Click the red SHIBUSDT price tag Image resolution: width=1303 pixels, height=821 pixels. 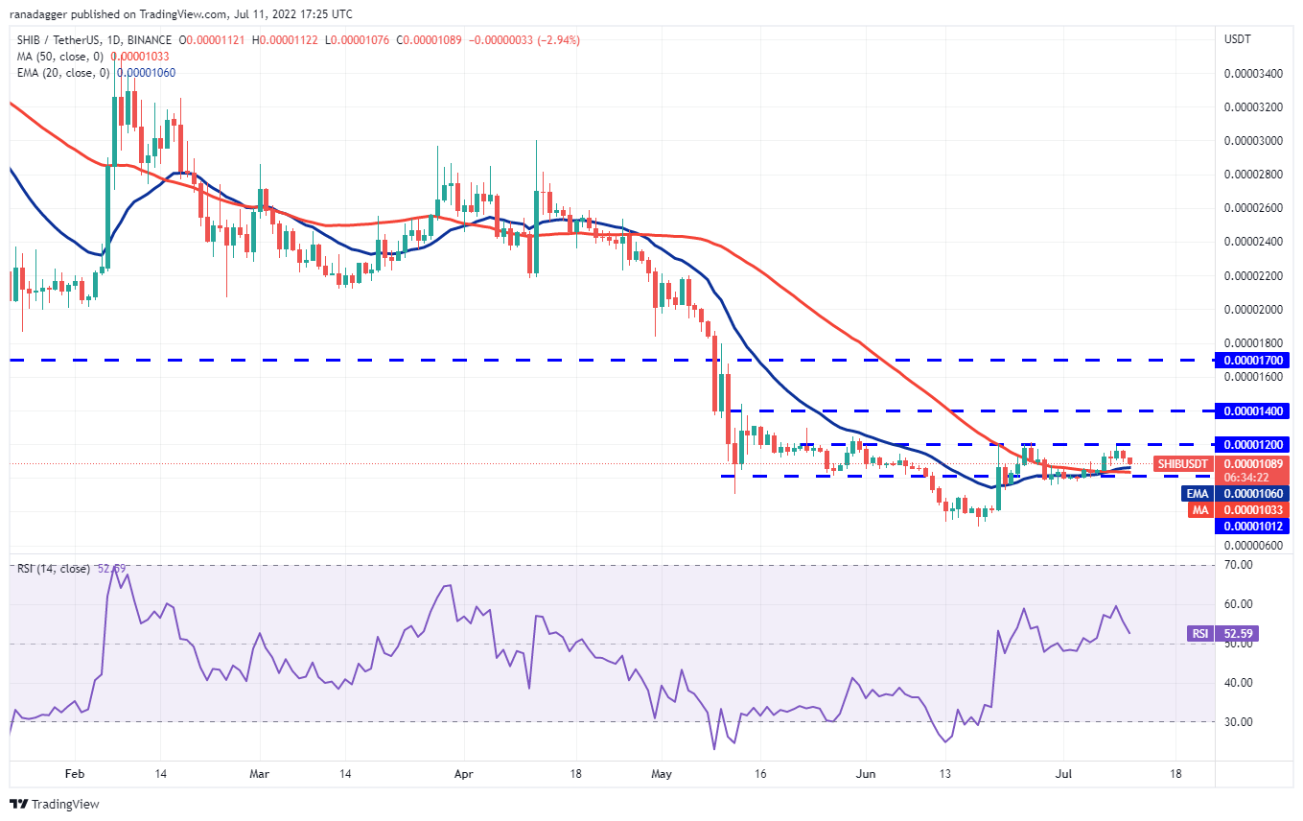coord(1182,464)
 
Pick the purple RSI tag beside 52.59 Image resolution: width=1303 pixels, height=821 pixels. coord(1199,633)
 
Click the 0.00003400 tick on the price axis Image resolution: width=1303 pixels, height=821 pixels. coord(1252,74)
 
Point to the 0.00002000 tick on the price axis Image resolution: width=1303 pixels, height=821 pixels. coord(1252,310)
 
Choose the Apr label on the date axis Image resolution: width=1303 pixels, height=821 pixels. coord(464,772)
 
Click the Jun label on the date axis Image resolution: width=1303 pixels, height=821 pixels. coord(865,772)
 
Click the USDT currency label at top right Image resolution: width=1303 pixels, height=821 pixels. coord(1236,39)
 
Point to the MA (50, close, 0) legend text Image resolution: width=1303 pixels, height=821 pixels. coord(63,57)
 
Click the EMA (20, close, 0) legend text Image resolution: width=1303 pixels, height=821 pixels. coord(66,73)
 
